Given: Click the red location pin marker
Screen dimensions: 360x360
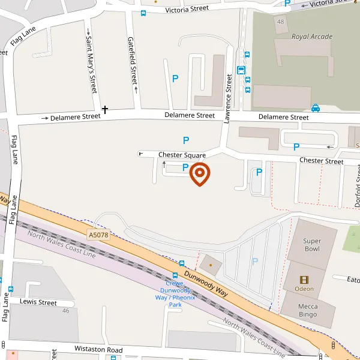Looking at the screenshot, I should click(x=200, y=174).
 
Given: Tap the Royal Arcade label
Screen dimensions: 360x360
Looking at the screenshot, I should click(x=311, y=37).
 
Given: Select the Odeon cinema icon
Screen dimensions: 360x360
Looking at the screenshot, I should click(x=304, y=280).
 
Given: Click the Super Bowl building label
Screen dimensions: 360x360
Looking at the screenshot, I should click(x=311, y=245).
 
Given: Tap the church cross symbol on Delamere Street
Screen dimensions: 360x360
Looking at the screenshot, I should click(x=105, y=110).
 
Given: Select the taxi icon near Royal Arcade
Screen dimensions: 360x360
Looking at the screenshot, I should click(x=315, y=108).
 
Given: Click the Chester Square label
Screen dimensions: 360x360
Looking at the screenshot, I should click(x=182, y=155).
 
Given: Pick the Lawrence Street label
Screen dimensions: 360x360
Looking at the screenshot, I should click(x=228, y=98).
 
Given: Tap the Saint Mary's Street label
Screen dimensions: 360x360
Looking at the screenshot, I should click(x=91, y=64).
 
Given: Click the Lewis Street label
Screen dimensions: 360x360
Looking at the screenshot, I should click(x=38, y=302).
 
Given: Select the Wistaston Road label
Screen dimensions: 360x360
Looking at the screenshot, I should click(x=98, y=349).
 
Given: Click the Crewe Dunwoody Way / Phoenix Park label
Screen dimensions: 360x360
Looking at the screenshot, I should click(x=169, y=293).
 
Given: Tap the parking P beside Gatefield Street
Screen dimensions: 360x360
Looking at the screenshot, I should click(x=175, y=78).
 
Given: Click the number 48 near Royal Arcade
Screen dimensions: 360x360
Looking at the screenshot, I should click(x=281, y=22).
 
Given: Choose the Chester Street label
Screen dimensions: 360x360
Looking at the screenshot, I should click(x=321, y=161).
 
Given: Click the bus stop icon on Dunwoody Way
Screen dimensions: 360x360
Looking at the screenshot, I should click(x=182, y=263).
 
